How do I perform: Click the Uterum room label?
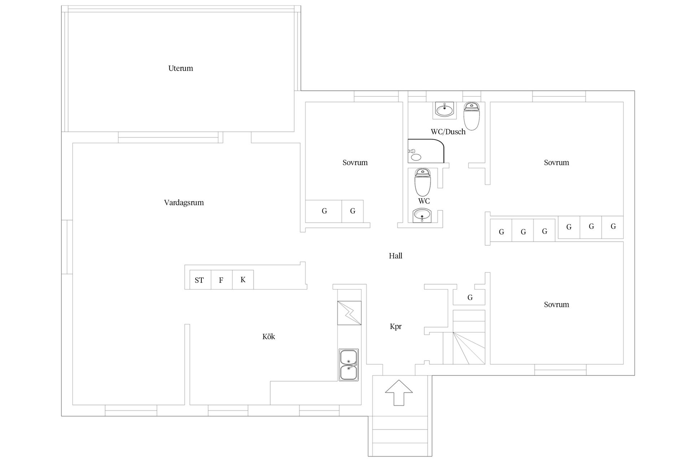pos(180,68)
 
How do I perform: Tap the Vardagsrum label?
pos(184,202)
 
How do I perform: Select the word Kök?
pos(269,336)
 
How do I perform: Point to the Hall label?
pos(396,256)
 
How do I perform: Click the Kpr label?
pos(396,327)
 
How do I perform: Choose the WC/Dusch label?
pos(448,132)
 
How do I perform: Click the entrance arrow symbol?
pos(399,392)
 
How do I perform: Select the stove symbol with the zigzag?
pos(349,313)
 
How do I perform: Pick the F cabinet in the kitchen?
pos(221,280)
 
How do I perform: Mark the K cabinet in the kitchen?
pos(243,280)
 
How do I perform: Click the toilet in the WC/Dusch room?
pos(471,116)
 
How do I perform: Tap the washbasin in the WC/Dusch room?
pos(444,110)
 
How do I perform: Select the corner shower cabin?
pos(426,151)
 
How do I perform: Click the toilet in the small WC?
pos(423,182)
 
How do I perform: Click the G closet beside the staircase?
pos(469,297)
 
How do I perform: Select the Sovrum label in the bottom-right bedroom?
pos(556,305)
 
